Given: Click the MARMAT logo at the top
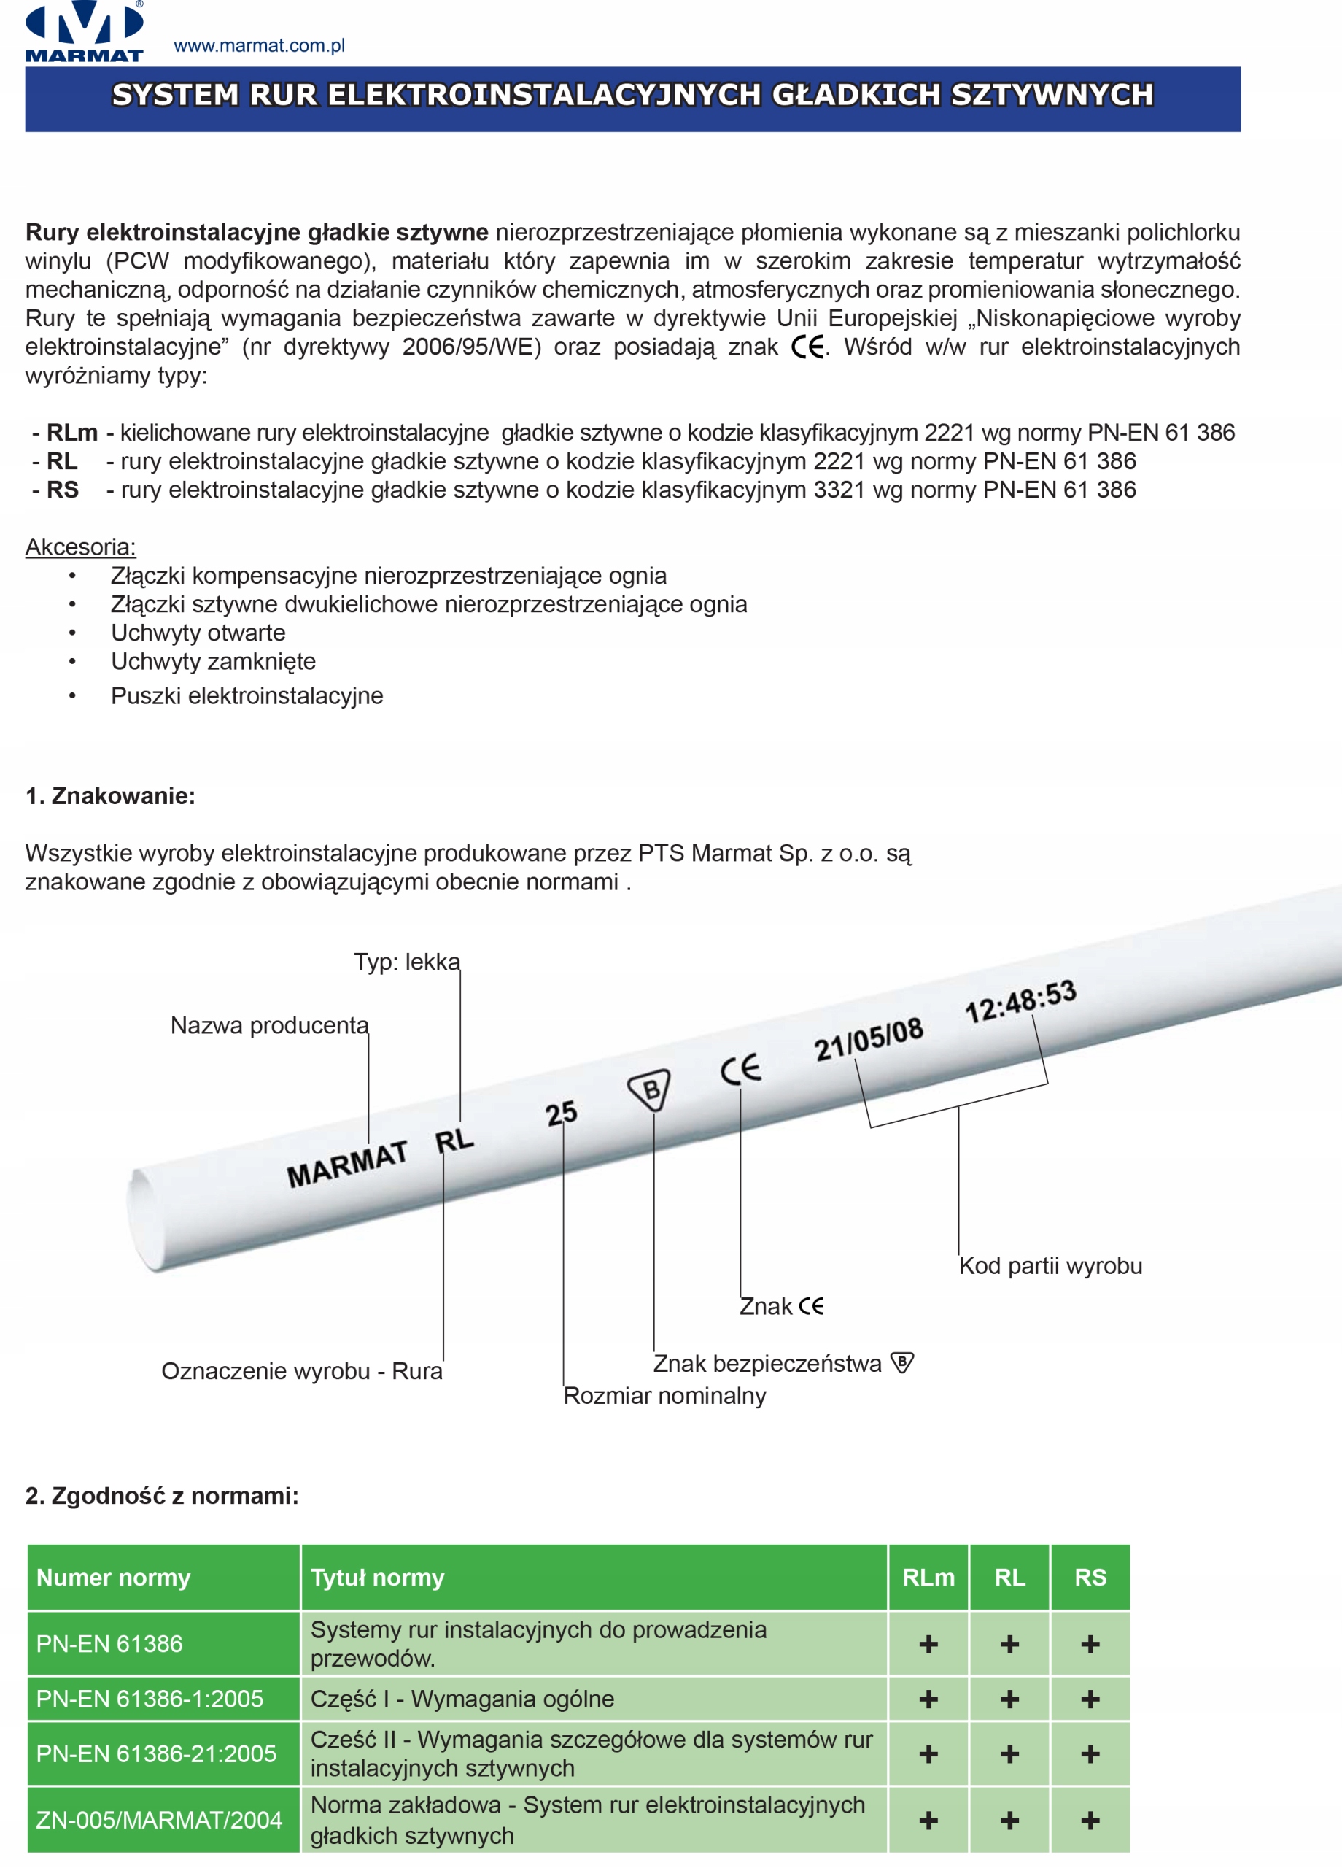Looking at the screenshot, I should [x=84, y=31].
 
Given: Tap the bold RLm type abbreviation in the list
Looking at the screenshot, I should [x=71, y=433].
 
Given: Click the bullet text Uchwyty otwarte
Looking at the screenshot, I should [x=198, y=633].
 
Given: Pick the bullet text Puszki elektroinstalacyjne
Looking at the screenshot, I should [x=247, y=696].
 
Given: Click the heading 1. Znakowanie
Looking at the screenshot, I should [x=110, y=795].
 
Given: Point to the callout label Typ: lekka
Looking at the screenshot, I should [x=407, y=962].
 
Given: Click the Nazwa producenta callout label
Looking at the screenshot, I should [x=269, y=1025].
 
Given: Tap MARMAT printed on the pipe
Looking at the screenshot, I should [x=346, y=1164].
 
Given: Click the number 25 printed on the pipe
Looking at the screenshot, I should [x=562, y=1114].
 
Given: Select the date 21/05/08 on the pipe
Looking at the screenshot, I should [x=869, y=1039].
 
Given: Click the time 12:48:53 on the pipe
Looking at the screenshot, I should [x=1021, y=1002].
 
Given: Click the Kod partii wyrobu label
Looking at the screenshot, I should [x=1050, y=1266].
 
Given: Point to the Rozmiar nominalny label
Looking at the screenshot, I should [x=664, y=1396].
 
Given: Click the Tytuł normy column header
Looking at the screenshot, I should [x=377, y=1578].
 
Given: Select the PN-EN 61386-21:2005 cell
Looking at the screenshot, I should [x=156, y=1753].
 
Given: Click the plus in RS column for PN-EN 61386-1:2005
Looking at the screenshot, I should [x=1090, y=1699].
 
